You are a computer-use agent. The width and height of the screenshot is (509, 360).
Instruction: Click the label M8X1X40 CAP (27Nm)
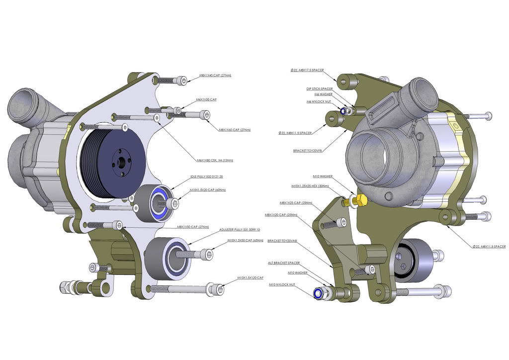(215, 76)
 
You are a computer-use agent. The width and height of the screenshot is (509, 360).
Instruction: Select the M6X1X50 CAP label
(206, 99)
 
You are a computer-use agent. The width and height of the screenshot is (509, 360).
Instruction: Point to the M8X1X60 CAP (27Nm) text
(235, 129)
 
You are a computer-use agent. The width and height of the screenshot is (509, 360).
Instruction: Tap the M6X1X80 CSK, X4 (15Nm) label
(215, 160)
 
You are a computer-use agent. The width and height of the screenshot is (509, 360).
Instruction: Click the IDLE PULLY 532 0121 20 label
(207, 177)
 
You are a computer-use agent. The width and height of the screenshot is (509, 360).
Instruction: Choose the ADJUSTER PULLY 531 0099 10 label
(240, 230)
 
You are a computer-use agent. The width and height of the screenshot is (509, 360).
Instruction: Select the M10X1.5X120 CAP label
(250, 277)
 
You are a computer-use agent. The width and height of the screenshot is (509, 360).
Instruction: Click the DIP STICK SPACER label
(319, 89)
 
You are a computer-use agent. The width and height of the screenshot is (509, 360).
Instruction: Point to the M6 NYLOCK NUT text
(319, 101)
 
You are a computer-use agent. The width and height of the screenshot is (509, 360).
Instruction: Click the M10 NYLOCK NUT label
(282, 284)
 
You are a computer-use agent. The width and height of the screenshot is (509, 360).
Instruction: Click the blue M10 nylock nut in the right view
(317, 294)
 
